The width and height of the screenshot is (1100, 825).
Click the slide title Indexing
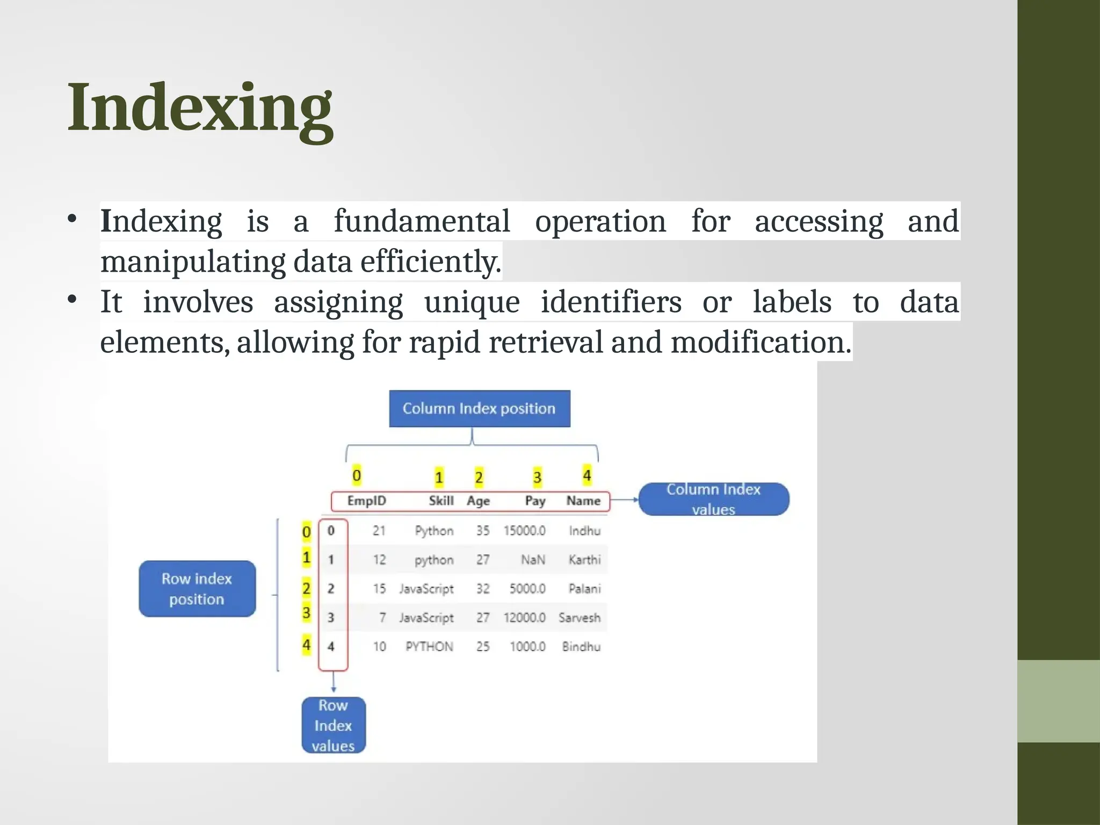pos(200,107)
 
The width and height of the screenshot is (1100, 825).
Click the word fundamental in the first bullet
pos(422,221)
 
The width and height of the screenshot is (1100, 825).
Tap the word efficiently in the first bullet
pos(430,262)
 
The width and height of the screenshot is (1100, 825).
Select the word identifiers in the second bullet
pos(611,302)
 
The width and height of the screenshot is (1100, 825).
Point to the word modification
pos(761,342)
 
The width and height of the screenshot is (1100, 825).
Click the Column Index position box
pos(479,409)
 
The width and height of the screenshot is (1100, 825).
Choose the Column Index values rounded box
pos(713,499)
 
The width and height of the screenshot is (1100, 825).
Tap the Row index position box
pos(197,589)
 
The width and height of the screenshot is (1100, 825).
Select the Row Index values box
pos(333,725)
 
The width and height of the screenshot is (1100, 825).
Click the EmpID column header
pos(366,501)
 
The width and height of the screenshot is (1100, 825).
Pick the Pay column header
pos(535,501)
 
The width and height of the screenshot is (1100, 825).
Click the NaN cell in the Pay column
pos(533,560)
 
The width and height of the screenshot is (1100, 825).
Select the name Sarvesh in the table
pos(579,618)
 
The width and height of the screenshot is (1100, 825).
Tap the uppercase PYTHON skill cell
pos(429,647)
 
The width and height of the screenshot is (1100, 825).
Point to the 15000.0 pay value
pos(524,531)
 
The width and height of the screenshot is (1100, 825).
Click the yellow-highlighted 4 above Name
pos(587,475)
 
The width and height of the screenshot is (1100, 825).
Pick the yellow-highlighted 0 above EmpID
pos(357,475)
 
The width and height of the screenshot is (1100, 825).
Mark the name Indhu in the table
pos(584,531)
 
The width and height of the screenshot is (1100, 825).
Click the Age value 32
pos(482,589)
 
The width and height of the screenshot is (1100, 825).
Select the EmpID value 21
pos(379,531)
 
